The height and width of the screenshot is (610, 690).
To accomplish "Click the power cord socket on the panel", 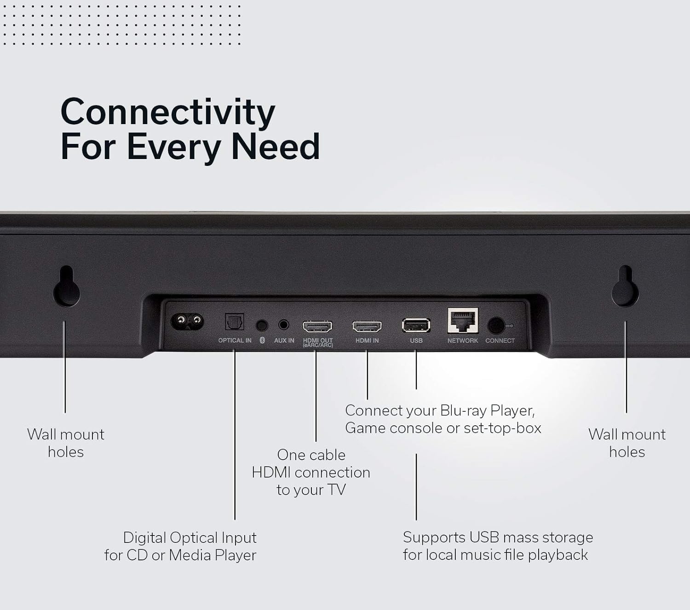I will click(187, 320).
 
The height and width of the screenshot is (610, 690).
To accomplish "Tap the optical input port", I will click(234, 322).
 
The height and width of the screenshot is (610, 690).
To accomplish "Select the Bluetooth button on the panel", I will click(262, 325).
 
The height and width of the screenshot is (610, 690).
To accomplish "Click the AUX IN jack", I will click(284, 325).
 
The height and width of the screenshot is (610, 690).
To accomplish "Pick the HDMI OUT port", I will click(317, 327).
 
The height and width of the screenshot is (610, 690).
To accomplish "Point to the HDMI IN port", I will click(367, 327).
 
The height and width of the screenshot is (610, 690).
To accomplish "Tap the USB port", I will click(416, 325).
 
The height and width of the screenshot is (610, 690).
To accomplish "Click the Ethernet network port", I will click(462, 321).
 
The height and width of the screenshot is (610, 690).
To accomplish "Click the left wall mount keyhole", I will click(67, 287).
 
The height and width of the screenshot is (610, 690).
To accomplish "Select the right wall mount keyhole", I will click(625, 287).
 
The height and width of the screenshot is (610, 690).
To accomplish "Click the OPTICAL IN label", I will click(235, 341).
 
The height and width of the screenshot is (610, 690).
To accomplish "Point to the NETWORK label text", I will click(462, 341).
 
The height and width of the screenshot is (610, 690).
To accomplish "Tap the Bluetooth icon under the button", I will click(262, 341).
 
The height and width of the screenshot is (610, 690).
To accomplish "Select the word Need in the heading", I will click(275, 147).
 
